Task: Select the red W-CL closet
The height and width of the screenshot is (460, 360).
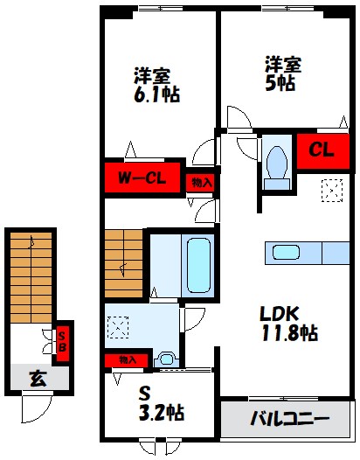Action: point(143,180)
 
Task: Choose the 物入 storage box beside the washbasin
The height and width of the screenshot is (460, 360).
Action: point(128,359)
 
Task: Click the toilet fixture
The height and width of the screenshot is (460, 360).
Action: point(278,163)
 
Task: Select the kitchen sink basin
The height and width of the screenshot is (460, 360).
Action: point(287,253)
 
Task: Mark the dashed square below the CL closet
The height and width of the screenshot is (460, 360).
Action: point(332,190)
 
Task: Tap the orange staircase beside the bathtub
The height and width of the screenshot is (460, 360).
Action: point(124,262)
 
